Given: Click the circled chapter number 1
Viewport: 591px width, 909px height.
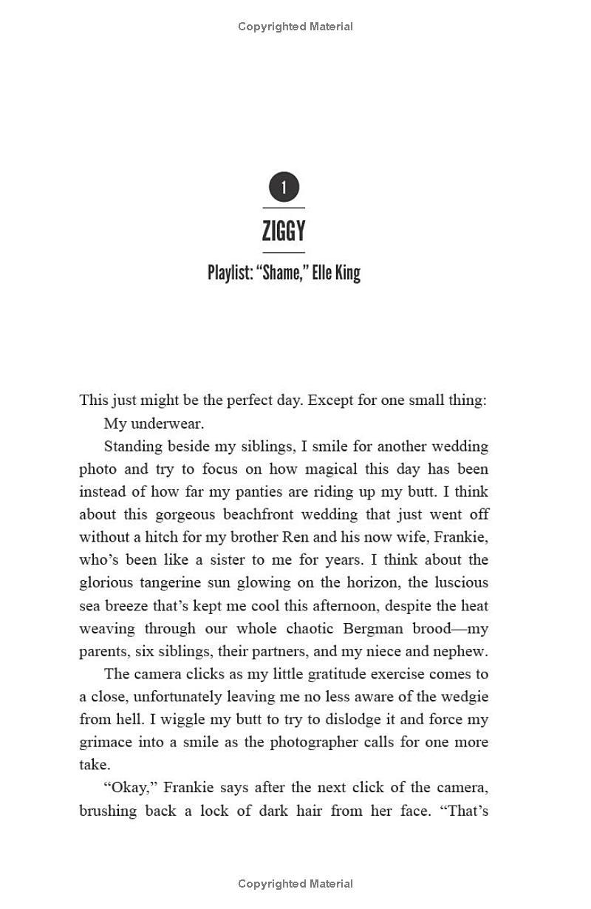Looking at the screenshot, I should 284,188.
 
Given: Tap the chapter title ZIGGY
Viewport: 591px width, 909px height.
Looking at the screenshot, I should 284,231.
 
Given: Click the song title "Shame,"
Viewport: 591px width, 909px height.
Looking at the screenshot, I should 281,273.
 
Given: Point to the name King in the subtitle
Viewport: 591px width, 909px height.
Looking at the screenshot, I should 347,273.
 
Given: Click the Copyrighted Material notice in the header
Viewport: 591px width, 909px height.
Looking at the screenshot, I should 295,27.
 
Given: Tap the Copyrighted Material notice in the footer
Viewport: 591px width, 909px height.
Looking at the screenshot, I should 295,884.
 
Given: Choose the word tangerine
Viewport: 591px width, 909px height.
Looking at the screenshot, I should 171,583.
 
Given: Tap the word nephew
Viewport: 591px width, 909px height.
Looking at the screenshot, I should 461,652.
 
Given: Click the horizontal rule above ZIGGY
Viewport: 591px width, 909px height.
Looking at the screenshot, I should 284,208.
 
